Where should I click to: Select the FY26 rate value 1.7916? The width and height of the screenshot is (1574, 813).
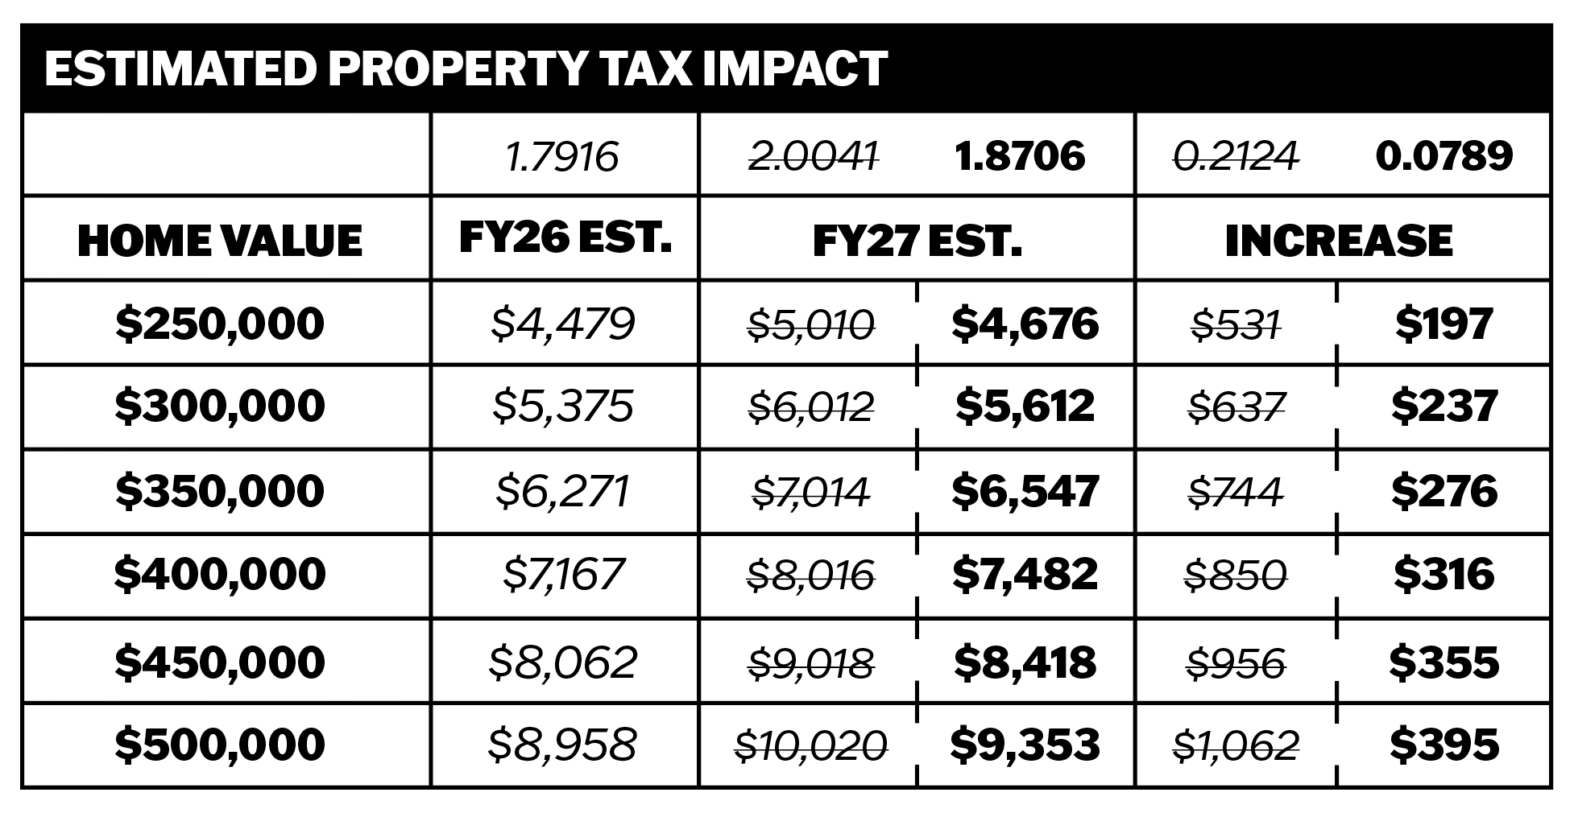[563, 156]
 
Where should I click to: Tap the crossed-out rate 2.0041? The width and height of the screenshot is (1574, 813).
[813, 156]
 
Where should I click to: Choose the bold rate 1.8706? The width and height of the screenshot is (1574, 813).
[1020, 156]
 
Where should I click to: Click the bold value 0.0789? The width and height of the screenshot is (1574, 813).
[1444, 156]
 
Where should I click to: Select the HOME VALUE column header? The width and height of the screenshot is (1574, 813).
[220, 241]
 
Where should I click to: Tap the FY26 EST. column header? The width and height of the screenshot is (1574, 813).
[565, 238]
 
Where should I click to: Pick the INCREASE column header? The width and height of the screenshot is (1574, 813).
[1339, 241]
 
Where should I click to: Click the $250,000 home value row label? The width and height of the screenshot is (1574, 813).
[220, 324]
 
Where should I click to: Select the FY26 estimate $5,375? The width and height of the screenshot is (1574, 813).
[563, 406]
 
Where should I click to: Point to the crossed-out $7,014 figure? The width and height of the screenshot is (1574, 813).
[811, 492]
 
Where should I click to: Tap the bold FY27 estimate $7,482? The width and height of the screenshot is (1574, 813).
[1025, 574]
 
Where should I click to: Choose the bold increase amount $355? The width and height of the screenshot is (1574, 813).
[1444, 662]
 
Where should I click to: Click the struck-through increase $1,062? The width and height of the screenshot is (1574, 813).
[1236, 745]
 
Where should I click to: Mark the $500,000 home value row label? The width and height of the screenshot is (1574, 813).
[220, 744]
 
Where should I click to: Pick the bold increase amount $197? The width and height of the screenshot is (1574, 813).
[1444, 324]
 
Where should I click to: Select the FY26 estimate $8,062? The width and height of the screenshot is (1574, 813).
[563, 662]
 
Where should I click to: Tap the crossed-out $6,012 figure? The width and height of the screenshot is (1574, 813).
[811, 406]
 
